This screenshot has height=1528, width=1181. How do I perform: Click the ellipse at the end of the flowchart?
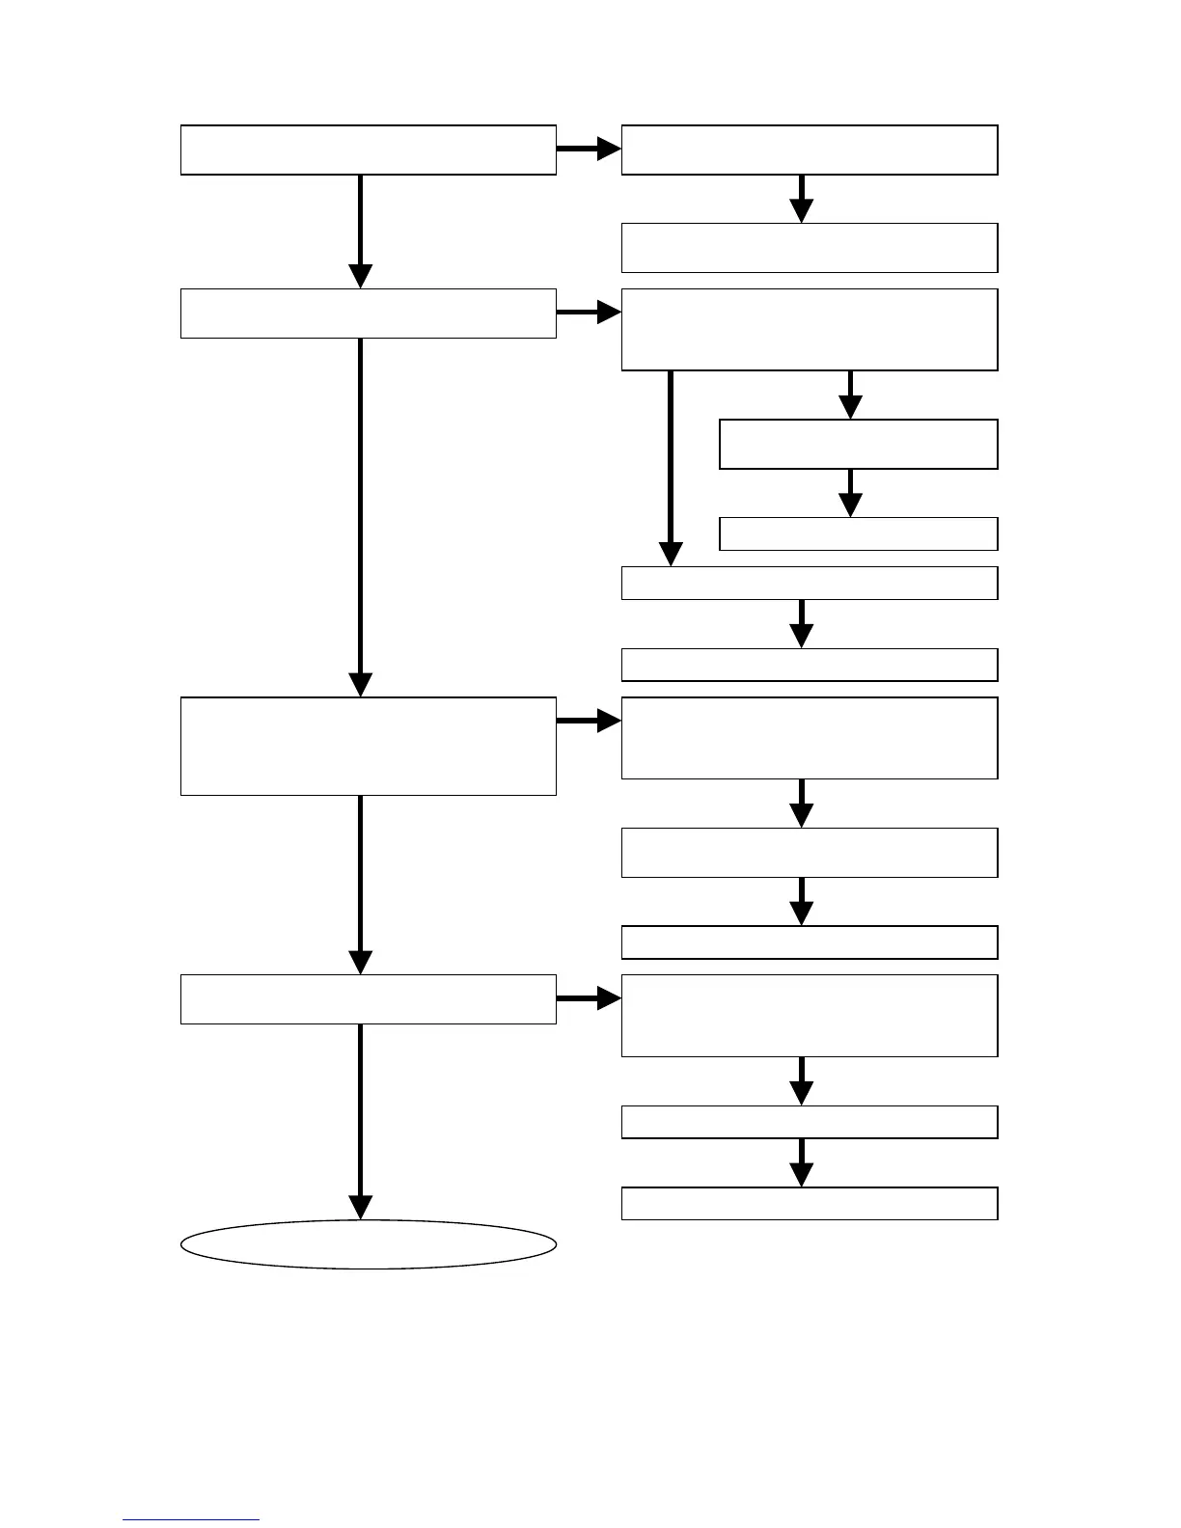(x=369, y=1244)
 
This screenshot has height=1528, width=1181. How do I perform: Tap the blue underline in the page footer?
(x=191, y=1519)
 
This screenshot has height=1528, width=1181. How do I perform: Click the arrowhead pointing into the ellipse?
(x=360, y=1208)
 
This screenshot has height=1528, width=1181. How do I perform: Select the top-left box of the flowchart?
(x=369, y=150)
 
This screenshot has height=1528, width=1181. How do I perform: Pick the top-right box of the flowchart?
(x=810, y=150)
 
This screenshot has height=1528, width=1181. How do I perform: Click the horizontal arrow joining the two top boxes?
(x=589, y=150)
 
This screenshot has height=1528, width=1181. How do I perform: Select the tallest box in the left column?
(x=369, y=746)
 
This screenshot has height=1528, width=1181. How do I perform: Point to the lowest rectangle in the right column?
(x=810, y=1204)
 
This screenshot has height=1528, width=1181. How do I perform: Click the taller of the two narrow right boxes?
(x=859, y=444)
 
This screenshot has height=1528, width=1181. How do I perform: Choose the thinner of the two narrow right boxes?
(x=859, y=533)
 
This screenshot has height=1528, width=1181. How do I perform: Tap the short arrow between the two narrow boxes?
(x=850, y=492)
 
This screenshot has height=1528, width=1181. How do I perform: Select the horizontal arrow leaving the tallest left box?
(x=589, y=721)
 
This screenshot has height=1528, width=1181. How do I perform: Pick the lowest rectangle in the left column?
(x=369, y=998)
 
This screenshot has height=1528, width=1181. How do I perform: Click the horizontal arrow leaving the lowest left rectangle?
(x=589, y=998)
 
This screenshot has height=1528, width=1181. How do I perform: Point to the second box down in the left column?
(x=369, y=313)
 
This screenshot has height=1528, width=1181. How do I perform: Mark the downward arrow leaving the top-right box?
(x=801, y=199)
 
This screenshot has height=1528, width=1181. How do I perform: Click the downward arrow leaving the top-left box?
(x=360, y=232)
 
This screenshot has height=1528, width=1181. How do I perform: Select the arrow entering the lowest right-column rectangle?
(x=801, y=1162)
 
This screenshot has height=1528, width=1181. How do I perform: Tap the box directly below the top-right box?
(x=810, y=248)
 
